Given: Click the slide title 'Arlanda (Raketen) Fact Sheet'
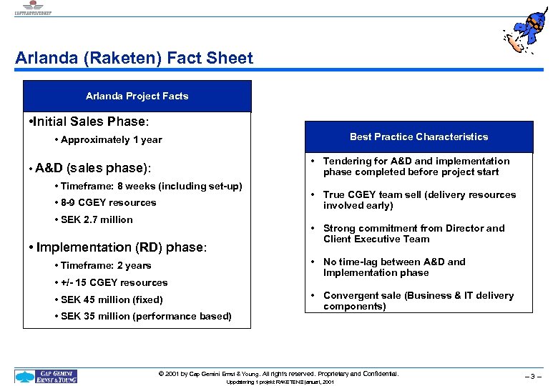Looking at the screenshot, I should click(134, 59).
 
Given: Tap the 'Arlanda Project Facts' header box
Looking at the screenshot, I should click(137, 96).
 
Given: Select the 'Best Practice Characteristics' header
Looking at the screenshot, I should click(418, 137).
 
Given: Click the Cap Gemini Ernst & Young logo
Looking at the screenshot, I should click(46, 376).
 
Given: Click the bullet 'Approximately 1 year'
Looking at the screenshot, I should click(111, 140).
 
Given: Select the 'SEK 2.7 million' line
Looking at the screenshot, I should click(97, 219).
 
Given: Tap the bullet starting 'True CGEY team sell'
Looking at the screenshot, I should click(418, 200).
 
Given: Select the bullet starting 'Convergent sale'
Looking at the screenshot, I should click(418, 301).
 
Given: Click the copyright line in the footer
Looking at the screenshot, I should click(278, 374).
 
